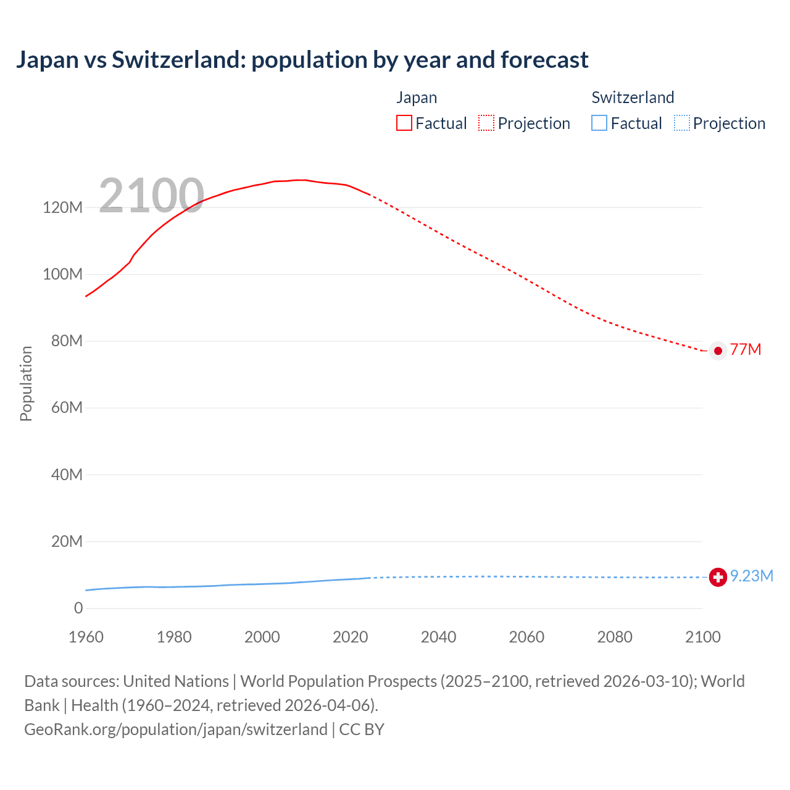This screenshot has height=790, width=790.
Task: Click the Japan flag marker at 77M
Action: tap(718, 351)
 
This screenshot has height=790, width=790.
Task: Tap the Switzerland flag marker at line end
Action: tap(718, 577)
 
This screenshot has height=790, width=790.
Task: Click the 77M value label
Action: tap(746, 350)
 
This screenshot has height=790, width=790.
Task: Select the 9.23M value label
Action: tap(752, 576)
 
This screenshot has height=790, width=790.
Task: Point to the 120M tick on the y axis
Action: tap(62, 207)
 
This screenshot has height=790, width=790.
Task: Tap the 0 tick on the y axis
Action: tap(78, 609)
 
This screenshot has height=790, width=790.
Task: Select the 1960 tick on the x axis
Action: tap(86, 637)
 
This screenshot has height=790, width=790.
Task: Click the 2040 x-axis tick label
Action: tap(438, 637)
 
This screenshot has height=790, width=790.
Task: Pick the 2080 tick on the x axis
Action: tap(615, 637)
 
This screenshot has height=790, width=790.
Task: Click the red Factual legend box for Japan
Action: tap(404, 123)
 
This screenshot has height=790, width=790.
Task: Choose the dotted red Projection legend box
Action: tap(486, 123)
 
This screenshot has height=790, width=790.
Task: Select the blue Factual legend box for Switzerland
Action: tap(599, 123)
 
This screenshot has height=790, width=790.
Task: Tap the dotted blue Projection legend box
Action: tap(681, 123)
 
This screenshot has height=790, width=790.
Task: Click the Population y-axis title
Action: tap(26, 383)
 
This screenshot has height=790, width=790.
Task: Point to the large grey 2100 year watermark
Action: tap(151, 196)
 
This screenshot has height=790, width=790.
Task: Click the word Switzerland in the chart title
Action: tap(178, 60)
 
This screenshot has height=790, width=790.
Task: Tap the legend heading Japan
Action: tap(417, 98)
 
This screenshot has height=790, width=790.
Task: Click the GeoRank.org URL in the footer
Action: tap(176, 730)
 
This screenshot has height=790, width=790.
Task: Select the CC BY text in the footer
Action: tap(362, 730)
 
